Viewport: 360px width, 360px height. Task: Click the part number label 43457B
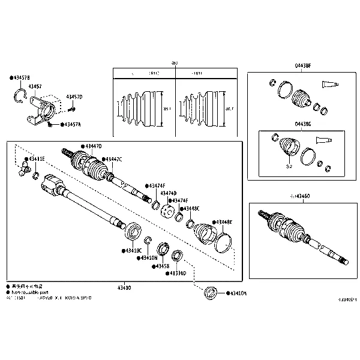click(21, 78)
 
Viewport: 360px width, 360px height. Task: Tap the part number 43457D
click(74, 97)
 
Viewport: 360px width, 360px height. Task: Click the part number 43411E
click(34, 159)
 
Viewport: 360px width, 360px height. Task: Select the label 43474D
click(168, 193)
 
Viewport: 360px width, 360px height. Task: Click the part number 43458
click(162, 266)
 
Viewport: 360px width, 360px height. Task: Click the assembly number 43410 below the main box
click(124, 288)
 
